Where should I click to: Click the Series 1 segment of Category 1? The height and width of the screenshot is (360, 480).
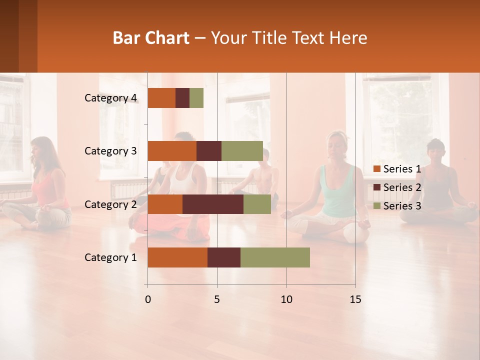pos(177,257)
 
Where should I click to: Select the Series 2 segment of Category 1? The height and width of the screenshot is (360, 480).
pos(224,257)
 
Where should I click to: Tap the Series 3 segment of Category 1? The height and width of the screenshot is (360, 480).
pos(275,257)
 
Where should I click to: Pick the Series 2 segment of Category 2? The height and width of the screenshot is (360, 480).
pos(213,204)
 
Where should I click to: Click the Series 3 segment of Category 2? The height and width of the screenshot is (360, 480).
pos(257,204)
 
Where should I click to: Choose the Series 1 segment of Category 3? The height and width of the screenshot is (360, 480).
pos(172,151)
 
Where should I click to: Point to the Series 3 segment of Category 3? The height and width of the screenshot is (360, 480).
pos(242,151)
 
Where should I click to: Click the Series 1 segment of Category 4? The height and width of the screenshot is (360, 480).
pos(161,98)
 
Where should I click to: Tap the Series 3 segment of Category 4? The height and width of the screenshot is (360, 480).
pos(196,98)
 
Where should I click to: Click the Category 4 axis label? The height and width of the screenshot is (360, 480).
pos(110,98)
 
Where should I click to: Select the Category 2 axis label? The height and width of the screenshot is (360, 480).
pos(110,204)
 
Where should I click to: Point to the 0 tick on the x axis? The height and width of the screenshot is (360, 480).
pos(147,299)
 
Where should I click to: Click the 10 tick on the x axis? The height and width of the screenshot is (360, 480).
pos(286,299)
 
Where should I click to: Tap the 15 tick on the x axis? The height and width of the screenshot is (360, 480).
pos(355,299)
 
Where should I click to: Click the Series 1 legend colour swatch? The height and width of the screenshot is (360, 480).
pos(376,169)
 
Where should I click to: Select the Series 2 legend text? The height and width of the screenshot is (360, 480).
pos(402,187)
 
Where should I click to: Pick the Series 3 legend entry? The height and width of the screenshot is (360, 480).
pos(397,206)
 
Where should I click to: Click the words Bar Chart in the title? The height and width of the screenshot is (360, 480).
pos(151,38)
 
